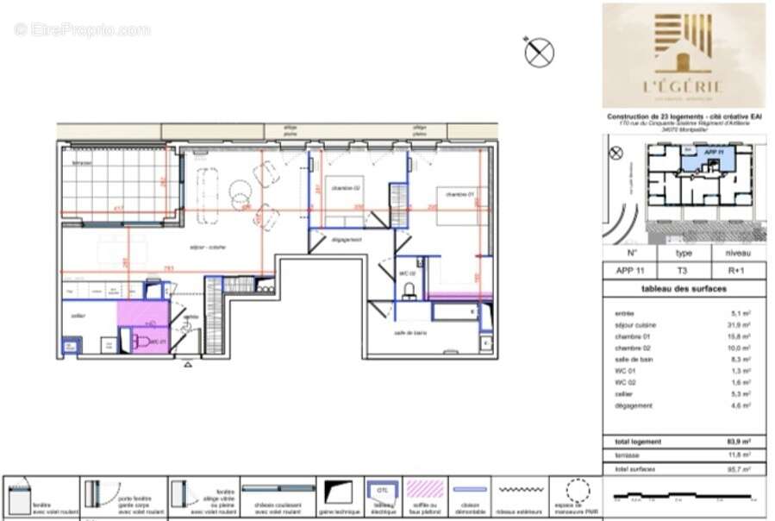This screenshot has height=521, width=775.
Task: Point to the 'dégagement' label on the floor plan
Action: coord(346,240)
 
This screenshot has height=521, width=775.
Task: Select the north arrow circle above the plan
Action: coord(539,52)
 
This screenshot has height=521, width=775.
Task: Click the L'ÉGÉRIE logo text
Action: coord(683,85)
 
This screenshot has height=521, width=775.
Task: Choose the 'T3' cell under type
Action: coord(683,270)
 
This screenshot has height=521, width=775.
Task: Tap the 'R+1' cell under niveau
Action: coord(737,270)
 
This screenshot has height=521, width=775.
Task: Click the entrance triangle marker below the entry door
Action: coord(188,365)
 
